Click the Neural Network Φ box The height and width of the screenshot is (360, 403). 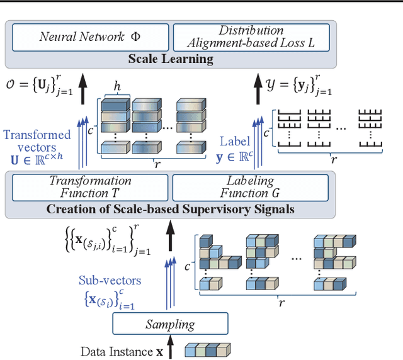coord(90,37)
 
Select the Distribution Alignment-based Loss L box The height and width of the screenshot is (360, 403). coord(251,37)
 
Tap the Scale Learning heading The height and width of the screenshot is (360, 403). coord(171,59)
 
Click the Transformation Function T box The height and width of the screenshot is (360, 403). coord(90,187)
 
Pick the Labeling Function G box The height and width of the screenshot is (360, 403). coord(250,187)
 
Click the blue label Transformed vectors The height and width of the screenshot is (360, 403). coord(37,141)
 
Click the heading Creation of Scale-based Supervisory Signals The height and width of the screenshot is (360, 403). coord(171,209)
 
